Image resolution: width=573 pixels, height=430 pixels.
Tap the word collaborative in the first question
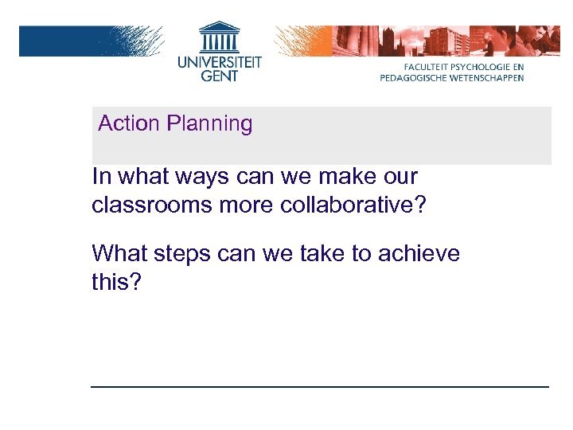click(x=353, y=205)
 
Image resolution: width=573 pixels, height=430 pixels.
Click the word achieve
click(x=419, y=254)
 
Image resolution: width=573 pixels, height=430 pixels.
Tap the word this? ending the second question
click(x=116, y=283)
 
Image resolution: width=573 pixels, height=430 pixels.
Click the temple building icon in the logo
click(x=219, y=36)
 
